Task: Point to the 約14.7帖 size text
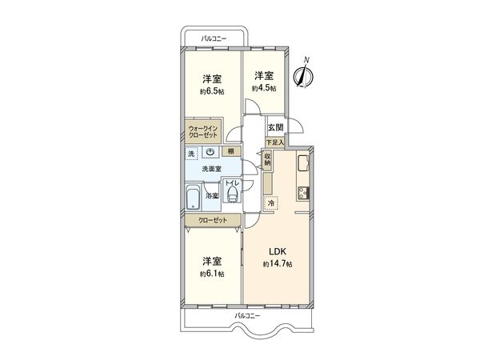click(277, 263)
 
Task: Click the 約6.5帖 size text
click(211, 90)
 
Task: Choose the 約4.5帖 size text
click(264, 87)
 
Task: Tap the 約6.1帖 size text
click(211, 273)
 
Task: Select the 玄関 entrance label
click(274, 126)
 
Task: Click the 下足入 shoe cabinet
click(274, 142)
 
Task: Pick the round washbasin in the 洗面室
click(210, 152)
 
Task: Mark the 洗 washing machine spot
click(191, 152)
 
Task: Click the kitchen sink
click(304, 163)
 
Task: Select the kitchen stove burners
click(304, 192)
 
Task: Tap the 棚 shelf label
click(230, 151)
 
